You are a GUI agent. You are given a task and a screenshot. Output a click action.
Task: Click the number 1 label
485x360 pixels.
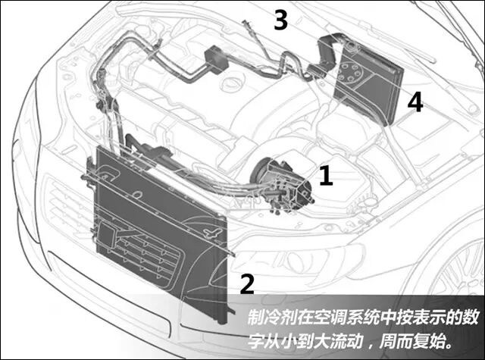tap(326, 175)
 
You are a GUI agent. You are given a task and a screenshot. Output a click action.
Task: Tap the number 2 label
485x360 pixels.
tap(247, 284)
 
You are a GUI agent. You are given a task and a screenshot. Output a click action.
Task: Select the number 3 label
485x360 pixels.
tap(281, 20)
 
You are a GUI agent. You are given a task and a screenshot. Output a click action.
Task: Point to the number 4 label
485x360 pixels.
tap(415, 102)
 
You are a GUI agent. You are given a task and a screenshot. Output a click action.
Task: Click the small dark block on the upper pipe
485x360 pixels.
tap(216, 60)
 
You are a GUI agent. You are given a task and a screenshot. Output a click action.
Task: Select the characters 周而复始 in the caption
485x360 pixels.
tap(414, 341)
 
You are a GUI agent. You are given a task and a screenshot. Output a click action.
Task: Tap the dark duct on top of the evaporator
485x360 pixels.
tap(328, 53)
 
